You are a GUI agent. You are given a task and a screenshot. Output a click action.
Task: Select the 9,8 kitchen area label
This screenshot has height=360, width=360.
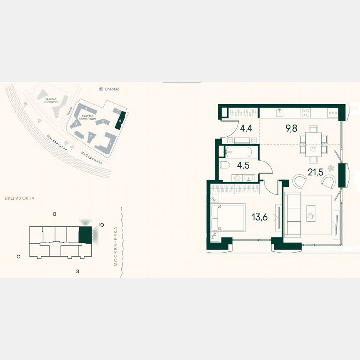coord(291,128)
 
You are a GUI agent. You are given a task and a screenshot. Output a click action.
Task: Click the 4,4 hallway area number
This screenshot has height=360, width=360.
coord(246,128)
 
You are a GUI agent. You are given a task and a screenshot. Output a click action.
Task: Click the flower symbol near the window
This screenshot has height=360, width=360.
coord(331,168)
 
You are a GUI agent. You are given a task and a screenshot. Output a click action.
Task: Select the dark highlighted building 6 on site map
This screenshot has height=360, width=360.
coord(121,121)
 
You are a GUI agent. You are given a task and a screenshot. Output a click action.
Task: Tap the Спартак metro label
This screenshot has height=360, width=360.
coord(112,89)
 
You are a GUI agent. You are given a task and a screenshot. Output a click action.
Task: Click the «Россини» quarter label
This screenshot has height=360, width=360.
coord(52,101)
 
